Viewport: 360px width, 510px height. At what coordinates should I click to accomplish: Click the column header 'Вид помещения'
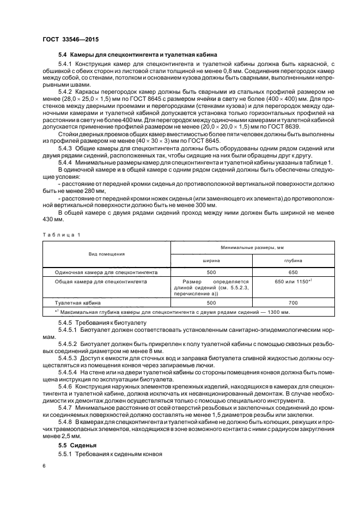pyautogui.click(x=107, y=253)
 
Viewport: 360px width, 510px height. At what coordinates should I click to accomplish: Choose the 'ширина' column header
pyautogui.click(x=211, y=261)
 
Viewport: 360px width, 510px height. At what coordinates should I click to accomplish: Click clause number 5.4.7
pyautogui.click(x=65, y=407)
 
